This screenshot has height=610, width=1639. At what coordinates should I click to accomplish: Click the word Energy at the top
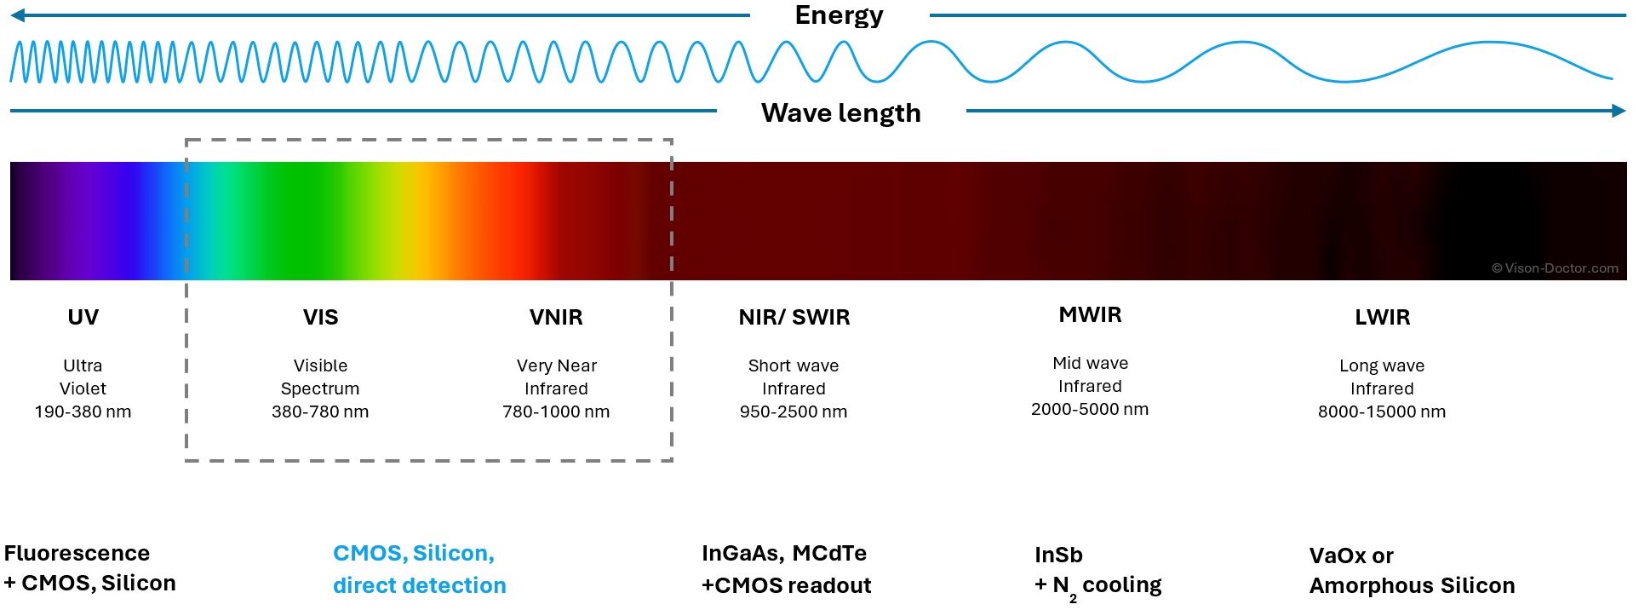[x=839, y=15]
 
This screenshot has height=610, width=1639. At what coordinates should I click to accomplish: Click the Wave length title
[x=840, y=113]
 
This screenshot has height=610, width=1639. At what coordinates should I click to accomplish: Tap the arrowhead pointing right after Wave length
[x=1618, y=111]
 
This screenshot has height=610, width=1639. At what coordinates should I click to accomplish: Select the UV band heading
[x=83, y=317]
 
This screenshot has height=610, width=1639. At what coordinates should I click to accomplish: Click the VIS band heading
[x=320, y=317]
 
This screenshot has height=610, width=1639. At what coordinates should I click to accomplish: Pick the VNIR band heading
[x=556, y=317]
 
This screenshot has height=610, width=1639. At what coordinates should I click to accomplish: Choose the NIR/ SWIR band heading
[x=794, y=317]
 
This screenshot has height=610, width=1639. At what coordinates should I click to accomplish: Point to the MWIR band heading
[x=1090, y=314]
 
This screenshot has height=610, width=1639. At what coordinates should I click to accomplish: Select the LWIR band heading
[x=1382, y=317]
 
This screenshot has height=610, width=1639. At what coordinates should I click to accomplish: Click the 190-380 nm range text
[x=83, y=411]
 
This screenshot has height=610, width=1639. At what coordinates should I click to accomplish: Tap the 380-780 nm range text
[x=320, y=411]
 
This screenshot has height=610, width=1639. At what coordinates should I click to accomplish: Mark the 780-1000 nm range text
[x=556, y=411]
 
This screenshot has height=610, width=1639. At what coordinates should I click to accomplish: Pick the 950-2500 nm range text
[x=794, y=411]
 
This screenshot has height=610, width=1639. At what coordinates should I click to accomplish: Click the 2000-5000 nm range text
[x=1090, y=409]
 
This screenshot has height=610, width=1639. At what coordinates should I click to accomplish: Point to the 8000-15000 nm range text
[x=1382, y=411]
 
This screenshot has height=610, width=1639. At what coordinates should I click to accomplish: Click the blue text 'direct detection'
[x=419, y=585]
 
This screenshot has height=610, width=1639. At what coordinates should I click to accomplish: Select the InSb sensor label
[x=1058, y=555]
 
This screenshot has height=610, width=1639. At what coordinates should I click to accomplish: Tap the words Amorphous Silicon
[x=1412, y=585]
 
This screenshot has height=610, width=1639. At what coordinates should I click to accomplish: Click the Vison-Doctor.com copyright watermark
[x=1555, y=268]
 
